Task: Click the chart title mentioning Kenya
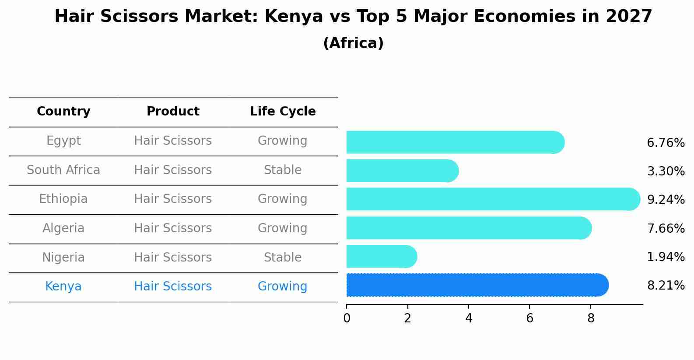tap(353, 17)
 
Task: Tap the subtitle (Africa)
tap(353, 43)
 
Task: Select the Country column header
tap(63, 112)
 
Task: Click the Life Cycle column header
tap(283, 112)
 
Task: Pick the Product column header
tap(173, 112)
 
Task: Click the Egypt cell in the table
tap(63, 141)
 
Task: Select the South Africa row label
tap(63, 170)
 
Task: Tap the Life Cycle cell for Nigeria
tap(283, 258)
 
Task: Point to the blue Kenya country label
tap(63, 287)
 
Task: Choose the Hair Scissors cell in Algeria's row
tap(173, 228)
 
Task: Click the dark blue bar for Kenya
tap(477, 285)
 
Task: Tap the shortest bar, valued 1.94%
tap(381, 256)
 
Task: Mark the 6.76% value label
tap(666, 143)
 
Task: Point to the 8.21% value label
tap(666, 286)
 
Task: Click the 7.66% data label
tap(666, 228)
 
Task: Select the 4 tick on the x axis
tap(469, 318)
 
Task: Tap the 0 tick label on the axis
tap(347, 318)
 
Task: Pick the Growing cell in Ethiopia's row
tap(283, 199)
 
